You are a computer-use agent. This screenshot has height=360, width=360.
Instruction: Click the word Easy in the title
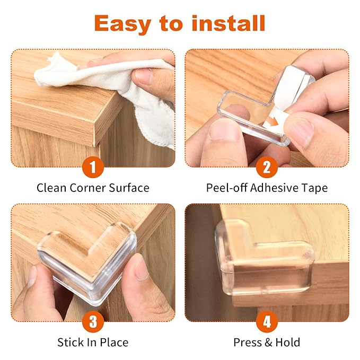coord(122,24)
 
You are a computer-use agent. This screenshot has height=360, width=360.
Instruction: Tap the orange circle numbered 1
coord(93,167)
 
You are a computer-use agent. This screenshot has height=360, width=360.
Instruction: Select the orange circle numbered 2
coord(267,167)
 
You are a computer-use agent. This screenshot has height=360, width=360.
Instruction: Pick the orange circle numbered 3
coord(93,321)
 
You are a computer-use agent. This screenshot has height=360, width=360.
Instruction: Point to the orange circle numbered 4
coord(267,321)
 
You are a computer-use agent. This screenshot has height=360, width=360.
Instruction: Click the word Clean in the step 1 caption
coord(51,188)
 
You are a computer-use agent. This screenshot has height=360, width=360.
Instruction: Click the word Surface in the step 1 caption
coord(129,188)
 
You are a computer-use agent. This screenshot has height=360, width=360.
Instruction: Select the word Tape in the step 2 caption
coord(315,188)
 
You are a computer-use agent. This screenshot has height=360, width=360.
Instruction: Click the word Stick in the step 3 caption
coord(70,343)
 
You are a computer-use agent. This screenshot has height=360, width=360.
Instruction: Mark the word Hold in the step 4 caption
coord(288,343)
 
